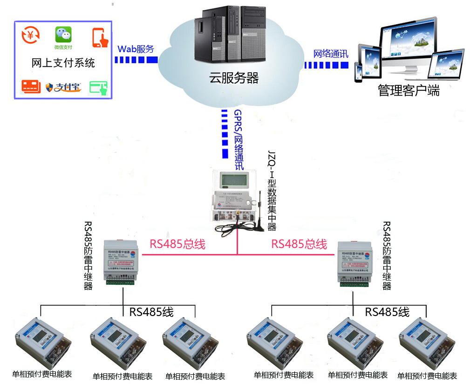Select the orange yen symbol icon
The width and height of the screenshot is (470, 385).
coord(31,35)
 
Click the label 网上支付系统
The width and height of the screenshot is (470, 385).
coord(63,63)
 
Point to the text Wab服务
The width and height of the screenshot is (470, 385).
coord(136,49)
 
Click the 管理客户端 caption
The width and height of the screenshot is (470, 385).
coord(409,90)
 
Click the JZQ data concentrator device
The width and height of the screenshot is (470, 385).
coord(235,196)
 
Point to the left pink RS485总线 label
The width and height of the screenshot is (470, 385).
coord(177,244)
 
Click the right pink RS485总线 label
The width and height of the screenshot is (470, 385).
coord(299,244)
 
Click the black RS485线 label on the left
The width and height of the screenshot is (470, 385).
coord(151,312)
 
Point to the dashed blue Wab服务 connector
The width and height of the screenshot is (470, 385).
coord(135,60)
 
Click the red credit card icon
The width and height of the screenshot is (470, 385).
coord(31,87)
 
